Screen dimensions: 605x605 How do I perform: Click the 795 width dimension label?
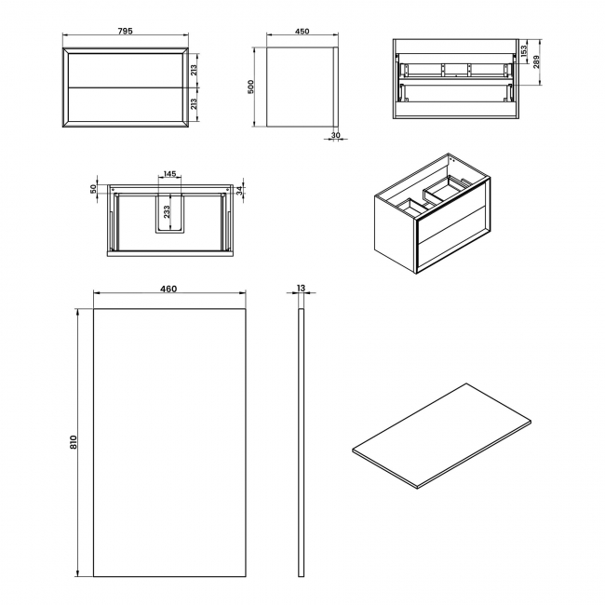[x=126, y=31]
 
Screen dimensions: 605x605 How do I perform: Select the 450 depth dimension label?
[x=302, y=31]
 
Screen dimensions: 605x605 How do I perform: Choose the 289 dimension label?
[x=536, y=65]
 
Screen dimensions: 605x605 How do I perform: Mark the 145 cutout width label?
[x=169, y=174]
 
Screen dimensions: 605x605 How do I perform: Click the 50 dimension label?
[x=94, y=188]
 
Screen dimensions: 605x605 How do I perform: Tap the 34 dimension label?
[x=240, y=190]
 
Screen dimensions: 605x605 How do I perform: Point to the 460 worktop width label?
[x=168, y=289]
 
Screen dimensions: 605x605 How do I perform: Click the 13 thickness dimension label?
[x=300, y=289]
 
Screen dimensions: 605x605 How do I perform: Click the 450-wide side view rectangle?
[x=302, y=86]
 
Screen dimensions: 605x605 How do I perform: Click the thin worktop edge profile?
[x=300, y=442]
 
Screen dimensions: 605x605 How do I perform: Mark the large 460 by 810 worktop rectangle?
[x=168, y=442]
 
